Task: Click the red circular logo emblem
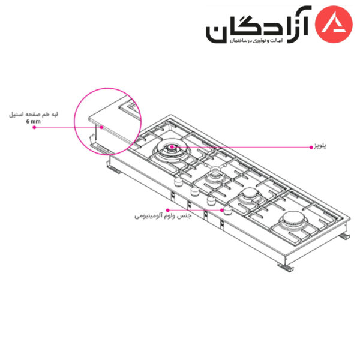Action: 334,25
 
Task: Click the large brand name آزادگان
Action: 258,25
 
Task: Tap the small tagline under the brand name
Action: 256,41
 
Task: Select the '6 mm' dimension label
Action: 33,121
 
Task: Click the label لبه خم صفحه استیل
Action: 34,115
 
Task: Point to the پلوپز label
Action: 320,146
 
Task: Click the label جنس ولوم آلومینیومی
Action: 163,216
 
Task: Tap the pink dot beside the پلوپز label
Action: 311,147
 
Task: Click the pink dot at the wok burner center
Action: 172,147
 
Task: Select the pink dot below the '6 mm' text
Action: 34,127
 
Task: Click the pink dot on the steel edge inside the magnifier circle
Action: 101,127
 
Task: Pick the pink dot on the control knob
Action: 222,210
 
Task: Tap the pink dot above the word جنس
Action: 168,210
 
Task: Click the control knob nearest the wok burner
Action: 178,182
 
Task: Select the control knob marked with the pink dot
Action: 227,211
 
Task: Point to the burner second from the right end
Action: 249,194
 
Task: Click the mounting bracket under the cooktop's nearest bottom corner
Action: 286,268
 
